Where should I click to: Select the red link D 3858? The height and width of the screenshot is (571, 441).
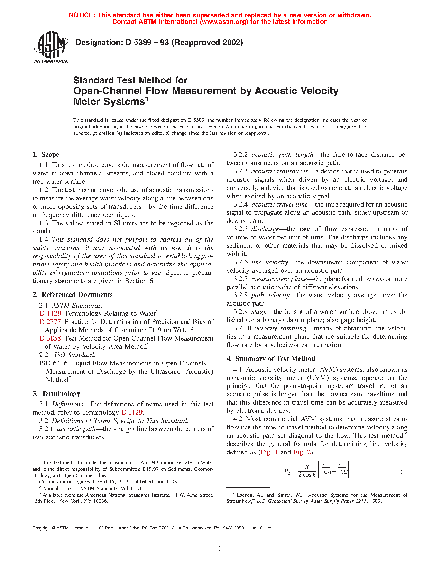click(x=50, y=338)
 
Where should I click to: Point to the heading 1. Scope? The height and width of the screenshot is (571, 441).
click(x=46, y=155)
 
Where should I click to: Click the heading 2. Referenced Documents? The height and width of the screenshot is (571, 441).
click(x=73, y=295)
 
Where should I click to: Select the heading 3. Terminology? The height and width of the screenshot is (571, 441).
click(x=56, y=394)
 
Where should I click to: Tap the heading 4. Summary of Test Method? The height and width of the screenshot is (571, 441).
click(x=271, y=359)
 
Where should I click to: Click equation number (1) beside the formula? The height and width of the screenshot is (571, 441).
click(x=404, y=472)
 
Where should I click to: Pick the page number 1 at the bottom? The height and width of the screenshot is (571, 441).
click(x=220, y=548)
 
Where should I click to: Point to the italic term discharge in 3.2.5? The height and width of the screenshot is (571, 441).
click(x=265, y=229)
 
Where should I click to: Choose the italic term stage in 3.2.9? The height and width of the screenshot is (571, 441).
click(x=259, y=312)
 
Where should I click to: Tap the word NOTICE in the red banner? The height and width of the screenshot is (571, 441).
click(x=82, y=15)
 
